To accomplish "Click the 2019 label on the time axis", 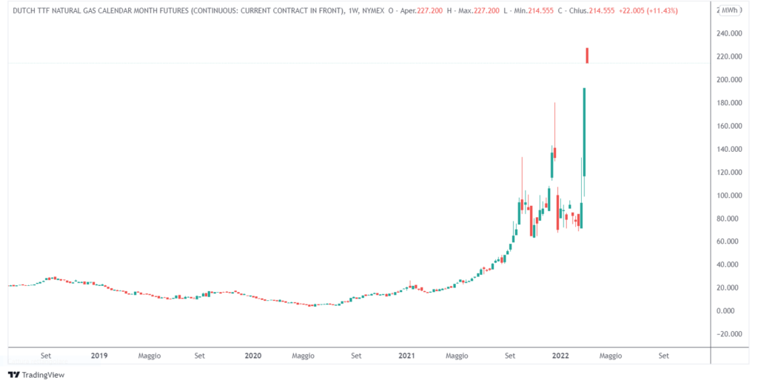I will click(99, 356).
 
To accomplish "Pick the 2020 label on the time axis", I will click(252, 356).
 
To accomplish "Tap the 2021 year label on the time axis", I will click(406, 356).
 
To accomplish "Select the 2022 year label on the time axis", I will click(560, 356).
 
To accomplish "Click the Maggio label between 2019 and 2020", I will click(149, 356).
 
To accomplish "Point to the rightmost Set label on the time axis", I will click(663, 356).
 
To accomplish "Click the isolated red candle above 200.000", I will click(587, 56).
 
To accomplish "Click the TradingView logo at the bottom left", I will click(36, 375).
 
